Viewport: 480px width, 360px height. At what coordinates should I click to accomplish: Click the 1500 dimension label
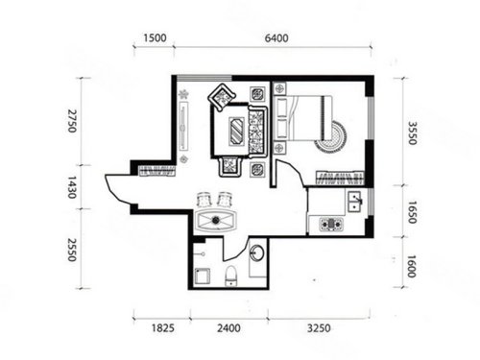coord(155,38)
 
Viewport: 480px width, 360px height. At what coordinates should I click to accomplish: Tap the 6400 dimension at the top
coord(276,38)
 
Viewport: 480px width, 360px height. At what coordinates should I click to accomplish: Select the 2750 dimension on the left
coord(72,121)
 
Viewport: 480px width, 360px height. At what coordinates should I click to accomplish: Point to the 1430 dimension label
coord(72,187)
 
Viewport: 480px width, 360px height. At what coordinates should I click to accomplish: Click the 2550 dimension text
coord(72,250)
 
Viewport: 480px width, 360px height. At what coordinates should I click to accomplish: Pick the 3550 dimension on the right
coord(412,133)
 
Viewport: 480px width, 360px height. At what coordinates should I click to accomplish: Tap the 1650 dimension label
coord(412,212)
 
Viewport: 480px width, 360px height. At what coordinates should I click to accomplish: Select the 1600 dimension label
coord(412,266)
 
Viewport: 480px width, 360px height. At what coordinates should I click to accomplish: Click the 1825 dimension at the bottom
coord(163,328)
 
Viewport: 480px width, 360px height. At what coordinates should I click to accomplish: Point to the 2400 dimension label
coord(228,328)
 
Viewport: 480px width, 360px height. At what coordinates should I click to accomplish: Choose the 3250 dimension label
coord(319,328)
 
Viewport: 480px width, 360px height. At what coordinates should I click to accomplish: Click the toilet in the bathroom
coord(231,276)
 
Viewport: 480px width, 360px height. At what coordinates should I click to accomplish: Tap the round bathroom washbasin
coord(257,252)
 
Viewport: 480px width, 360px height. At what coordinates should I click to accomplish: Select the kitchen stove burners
coord(331,224)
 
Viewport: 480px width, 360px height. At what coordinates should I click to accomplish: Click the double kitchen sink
coord(354,202)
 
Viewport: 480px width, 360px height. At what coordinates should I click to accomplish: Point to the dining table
coord(216,220)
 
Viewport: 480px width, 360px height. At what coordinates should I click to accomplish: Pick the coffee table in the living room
coord(237,131)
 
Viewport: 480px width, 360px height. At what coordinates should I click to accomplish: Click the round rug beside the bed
coord(330,136)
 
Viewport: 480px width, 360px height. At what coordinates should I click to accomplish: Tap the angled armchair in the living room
coord(222,97)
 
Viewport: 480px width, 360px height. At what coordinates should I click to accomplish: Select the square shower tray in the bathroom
coord(203,276)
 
